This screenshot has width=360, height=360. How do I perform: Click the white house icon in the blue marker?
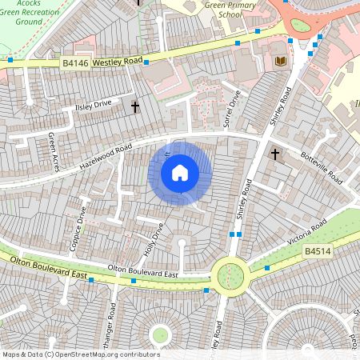pos(180,172)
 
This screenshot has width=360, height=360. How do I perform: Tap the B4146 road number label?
pos(74,62)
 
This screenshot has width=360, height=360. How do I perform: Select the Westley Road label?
pos(118,61)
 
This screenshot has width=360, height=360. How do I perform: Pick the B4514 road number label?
pos(318,252)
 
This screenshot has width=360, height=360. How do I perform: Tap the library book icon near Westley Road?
pos(279,61)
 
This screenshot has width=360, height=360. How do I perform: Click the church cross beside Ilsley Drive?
pos(134,106)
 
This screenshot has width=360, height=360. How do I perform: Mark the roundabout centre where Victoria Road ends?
pos(230,274)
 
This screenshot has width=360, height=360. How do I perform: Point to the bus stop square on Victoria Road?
pos(267,267)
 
